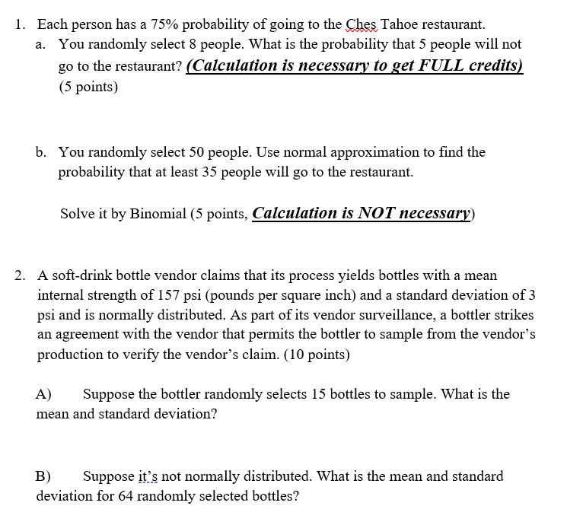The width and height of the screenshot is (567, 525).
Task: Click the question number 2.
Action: (x=21, y=275)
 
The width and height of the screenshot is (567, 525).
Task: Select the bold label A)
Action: (x=43, y=394)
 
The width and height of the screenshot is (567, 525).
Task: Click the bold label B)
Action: (x=43, y=477)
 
